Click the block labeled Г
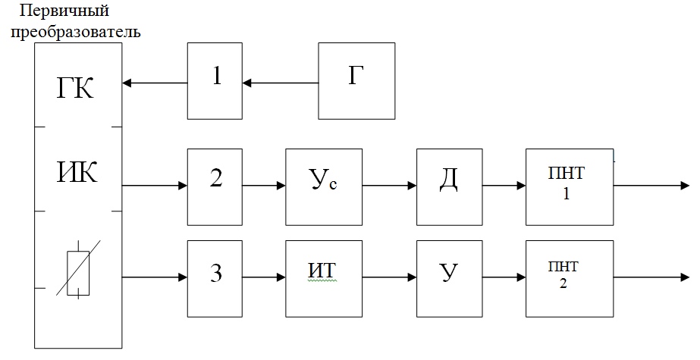click(x=356, y=81)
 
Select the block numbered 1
click(x=215, y=81)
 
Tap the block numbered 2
click(x=215, y=187)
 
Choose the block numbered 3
click(x=215, y=279)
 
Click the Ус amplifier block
click(x=324, y=187)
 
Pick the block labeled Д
click(x=450, y=187)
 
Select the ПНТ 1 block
click(x=570, y=187)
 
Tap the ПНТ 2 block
click(x=570, y=279)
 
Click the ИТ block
click(x=324, y=279)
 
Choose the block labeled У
click(x=450, y=279)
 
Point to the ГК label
click(x=75, y=88)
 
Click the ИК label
click(x=77, y=172)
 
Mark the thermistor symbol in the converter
click(x=78, y=270)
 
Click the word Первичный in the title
click(x=64, y=10)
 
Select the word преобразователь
click(x=75, y=32)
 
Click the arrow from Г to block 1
click(x=281, y=83)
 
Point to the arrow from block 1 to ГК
click(x=155, y=83)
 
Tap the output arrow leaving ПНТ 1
click(x=651, y=186)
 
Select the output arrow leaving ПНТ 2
click(x=651, y=277)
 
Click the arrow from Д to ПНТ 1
click(x=504, y=186)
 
